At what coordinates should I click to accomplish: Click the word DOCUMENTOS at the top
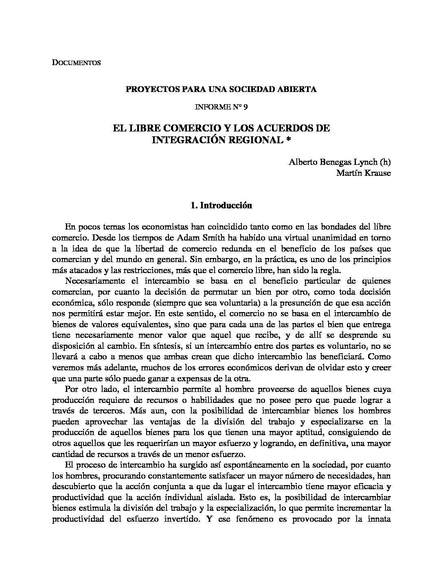pyautogui.click(x=76, y=63)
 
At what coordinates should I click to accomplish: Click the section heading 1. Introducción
pyautogui.click(x=221, y=206)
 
